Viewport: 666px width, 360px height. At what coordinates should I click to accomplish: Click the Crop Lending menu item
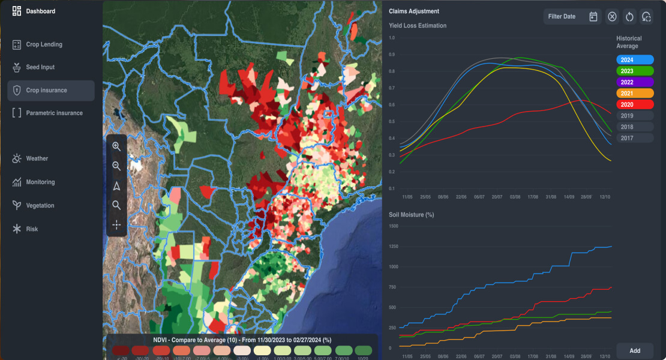click(x=44, y=44)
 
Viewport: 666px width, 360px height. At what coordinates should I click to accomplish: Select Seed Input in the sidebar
click(x=40, y=67)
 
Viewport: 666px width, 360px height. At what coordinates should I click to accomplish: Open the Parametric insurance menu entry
click(x=54, y=113)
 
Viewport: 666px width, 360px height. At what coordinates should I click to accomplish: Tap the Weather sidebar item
click(x=37, y=158)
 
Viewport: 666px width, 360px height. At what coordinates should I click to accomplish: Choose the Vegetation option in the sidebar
click(x=40, y=205)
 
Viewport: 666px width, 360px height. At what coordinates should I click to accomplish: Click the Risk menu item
click(x=32, y=229)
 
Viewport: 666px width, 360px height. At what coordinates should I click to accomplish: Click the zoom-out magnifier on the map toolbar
click(x=116, y=166)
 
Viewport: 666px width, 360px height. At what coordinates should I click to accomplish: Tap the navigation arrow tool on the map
click(x=116, y=186)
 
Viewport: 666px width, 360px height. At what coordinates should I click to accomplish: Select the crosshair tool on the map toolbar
click(x=116, y=224)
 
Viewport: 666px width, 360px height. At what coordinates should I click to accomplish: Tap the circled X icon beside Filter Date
click(x=612, y=17)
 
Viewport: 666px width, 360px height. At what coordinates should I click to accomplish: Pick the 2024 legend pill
click(x=635, y=60)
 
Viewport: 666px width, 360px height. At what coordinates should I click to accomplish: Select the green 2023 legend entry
click(x=635, y=71)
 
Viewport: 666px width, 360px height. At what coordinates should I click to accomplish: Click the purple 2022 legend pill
click(x=635, y=82)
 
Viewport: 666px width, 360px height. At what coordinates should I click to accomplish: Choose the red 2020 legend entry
click(x=635, y=104)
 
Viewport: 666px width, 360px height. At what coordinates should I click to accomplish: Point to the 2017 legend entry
click(x=635, y=138)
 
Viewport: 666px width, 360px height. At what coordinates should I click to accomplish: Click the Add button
click(x=635, y=350)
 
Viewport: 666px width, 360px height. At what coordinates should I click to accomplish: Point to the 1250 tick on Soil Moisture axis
click(x=394, y=247)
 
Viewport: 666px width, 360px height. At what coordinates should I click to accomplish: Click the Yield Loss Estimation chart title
click(x=418, y=26)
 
